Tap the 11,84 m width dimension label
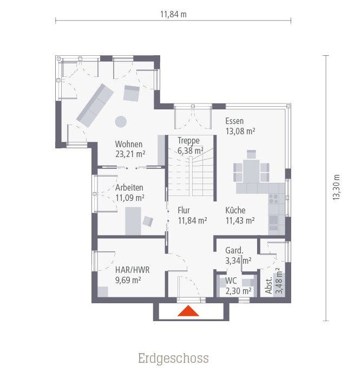click(173, 15)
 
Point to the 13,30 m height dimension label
click(336, 187)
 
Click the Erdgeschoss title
click(173, 359)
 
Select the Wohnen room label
click(129, 144)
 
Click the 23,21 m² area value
click(130, 153)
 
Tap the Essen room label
click(234, 121)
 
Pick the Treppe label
click(188, 141)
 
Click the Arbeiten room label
click(129, 187)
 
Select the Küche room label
click(235, 211)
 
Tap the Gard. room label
click(234, 251)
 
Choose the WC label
click(232, 281)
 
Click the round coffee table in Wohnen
click(121, 121)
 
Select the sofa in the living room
click(95, 105)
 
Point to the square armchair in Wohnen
click(132, 94)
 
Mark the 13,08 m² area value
click(240, 131)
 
